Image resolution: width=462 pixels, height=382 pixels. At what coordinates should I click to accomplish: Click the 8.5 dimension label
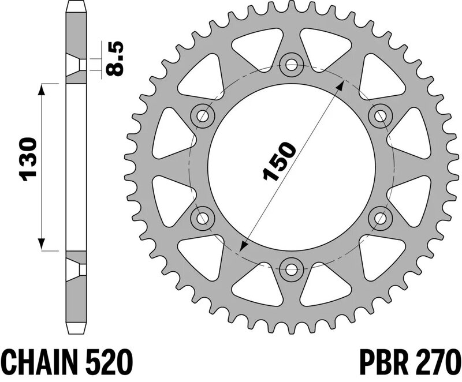114,59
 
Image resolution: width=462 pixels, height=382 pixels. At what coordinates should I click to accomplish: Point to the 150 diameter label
279,160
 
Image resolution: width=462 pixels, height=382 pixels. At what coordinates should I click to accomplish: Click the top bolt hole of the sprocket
292,65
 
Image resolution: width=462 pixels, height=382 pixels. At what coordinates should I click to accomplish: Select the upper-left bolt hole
203,115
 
